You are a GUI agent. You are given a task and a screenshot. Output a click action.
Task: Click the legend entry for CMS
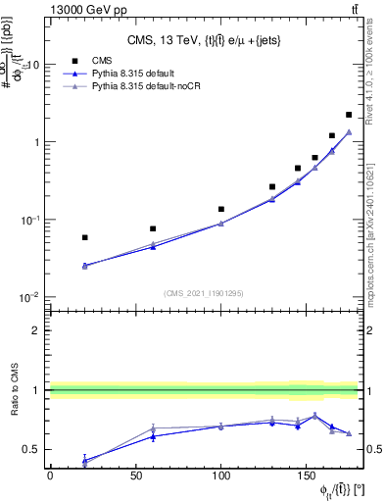100,59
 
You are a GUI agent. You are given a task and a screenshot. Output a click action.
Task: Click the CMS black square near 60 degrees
152,228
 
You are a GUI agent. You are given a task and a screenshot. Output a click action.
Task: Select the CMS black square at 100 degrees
221,209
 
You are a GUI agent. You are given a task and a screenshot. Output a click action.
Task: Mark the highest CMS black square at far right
349,115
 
